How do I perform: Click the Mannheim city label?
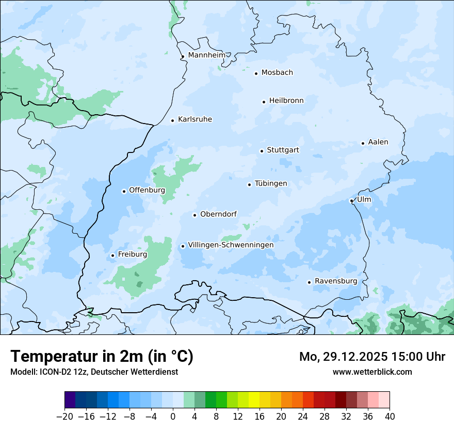[x=206, y=55]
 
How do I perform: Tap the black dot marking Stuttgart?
[x=262, y=151]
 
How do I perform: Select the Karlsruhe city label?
[x=195, y=119]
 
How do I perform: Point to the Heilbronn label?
[x=286, y=101]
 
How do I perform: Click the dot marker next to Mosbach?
[x=256, y=73]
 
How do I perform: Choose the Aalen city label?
[x=378, y=142]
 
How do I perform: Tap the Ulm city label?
[x=364, y=200]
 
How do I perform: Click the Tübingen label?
[x=271, y=183]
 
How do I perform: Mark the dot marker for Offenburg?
[x=124, y=191]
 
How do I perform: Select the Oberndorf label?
[x=218, y=214]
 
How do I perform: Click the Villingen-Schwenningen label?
[x=231, y=245]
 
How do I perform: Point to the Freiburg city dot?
[x=112, y=255]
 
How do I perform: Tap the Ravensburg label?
[x=336, y=281]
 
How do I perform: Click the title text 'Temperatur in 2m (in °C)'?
[x=102, y=357]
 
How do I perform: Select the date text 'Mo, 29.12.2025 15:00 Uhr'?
[x=372, y=357]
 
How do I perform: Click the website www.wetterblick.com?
[x=372, y=372]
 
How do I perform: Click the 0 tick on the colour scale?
[x=173, y=417]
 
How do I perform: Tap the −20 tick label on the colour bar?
[x=64, y=417]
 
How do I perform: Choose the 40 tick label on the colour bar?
[x=390, y=417]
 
